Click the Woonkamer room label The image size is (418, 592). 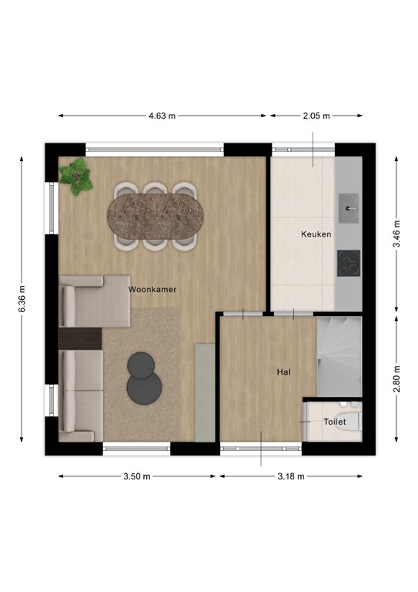152,289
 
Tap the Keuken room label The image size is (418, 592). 316,234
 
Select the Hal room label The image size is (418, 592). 283,372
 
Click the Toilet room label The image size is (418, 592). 335,422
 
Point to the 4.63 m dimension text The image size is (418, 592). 162,116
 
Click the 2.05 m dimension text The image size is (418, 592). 316,116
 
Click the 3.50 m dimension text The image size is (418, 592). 136,476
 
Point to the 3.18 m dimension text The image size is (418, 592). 291,476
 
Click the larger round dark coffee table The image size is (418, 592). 141,365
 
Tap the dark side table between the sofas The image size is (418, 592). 80,338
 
